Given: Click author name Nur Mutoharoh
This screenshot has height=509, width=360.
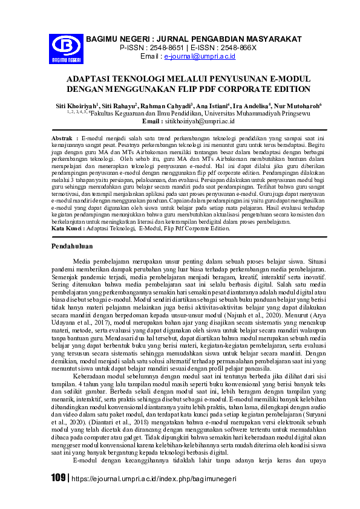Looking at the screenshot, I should (299, 105).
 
